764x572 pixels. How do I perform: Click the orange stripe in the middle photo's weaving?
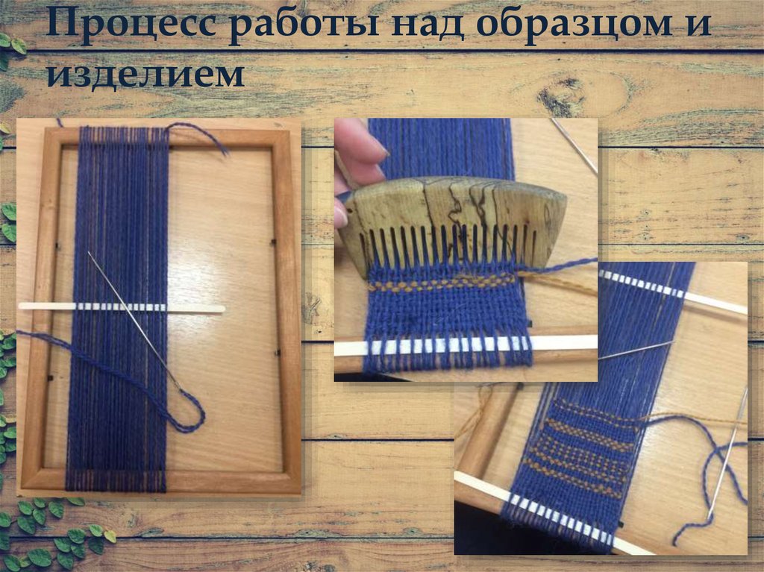point(440,284)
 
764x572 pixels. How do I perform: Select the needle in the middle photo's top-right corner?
point(574,145)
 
